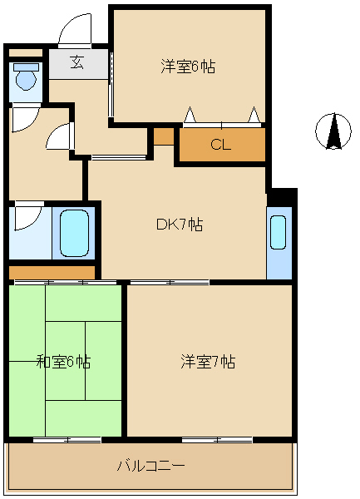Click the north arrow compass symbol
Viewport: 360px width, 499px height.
tap(333, 131)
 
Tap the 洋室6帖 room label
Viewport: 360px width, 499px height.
tap(188, 67)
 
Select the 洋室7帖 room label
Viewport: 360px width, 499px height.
tap(208, 362)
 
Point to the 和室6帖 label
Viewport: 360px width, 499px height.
tap(63, 362)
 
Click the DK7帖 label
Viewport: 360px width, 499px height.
tap(180, 225)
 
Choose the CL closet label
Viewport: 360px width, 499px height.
tap(220, 145)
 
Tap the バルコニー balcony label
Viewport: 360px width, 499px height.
tap(150, 467)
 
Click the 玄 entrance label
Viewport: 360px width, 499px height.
tap(77, 62)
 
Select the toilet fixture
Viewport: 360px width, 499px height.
tap(26, 77)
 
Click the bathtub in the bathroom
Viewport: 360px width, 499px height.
tap(75, 233)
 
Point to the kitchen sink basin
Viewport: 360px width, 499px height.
tap(278, 232)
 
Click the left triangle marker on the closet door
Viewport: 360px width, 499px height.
tap(190, 115)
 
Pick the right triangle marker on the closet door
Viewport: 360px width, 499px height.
tap(254, 115)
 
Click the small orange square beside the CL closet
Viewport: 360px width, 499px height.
tap(164, 136)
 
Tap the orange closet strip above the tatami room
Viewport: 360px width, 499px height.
tap(52, 273)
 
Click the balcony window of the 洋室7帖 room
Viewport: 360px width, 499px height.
tap(218, 440)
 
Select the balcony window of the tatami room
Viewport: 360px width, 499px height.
tap(67, 440)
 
